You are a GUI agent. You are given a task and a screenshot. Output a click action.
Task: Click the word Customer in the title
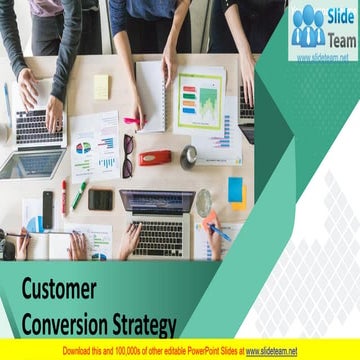[59, 291]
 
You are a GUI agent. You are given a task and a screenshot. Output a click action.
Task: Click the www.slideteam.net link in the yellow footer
[272, 351]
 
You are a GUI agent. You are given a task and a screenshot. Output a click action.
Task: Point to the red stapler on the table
[156, 157]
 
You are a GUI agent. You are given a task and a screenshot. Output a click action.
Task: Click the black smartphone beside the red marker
[48, 210]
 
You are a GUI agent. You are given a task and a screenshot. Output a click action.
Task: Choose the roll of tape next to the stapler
[188, 156]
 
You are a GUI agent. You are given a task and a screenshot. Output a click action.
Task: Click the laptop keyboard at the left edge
[36, 127]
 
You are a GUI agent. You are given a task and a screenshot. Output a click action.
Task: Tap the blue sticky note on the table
[235, 189]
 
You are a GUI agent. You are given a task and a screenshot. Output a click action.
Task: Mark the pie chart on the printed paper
[84, 148]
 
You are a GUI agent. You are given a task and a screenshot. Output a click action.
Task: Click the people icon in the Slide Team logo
[310, 26]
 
